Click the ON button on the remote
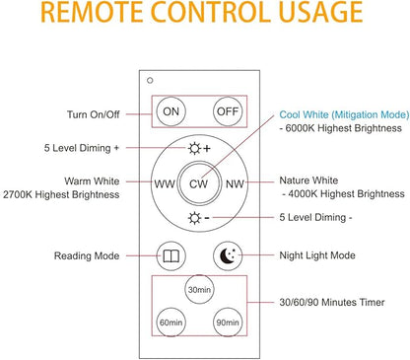coord(171,111)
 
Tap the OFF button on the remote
coord(228,111)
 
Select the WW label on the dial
coord(165,183)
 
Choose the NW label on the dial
coord(235,183)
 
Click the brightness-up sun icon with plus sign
coord(199,149)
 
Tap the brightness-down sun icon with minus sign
coord(198,218)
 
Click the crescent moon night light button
coord(228,255)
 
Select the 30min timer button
coord(199,290)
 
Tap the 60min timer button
coord(171,323)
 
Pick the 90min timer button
coord(228,323)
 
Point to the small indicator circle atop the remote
coord(150,80)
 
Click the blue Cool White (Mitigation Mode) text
coord(344,114)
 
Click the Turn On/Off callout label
coord(94,114)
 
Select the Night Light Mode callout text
coord(317,255)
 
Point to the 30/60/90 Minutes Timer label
coord(332,302)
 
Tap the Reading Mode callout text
coord(87,255)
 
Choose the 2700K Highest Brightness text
coord(61,194)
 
